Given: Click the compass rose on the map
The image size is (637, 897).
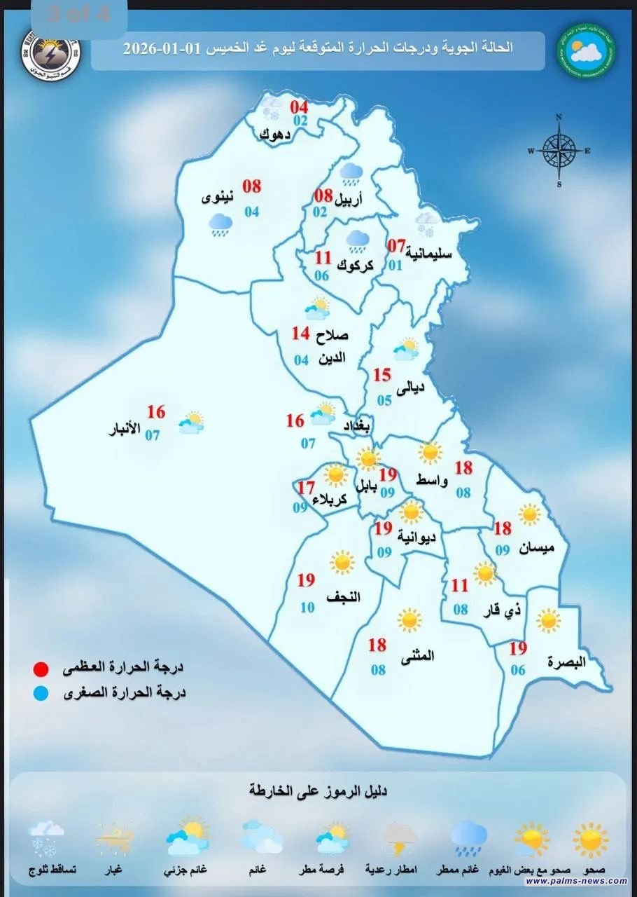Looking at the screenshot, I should [x=559, y=150].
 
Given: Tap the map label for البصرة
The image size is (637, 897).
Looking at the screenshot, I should [x=566, y=661].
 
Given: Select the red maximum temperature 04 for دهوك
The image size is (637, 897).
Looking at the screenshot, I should [x=300, y=107].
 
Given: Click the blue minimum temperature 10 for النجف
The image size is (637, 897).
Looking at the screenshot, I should [x=308, y=608].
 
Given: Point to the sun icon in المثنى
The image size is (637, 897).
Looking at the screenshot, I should [x=409, y=620].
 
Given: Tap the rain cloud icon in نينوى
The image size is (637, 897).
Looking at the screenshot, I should [x=220, y=224].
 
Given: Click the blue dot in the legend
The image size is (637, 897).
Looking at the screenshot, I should [x=43, y=694].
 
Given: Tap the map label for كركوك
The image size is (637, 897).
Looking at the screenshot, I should [x=355, y=266].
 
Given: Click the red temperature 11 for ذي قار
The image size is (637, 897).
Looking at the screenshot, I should [x=459, y=585].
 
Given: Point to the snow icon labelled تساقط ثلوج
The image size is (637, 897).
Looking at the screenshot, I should [x=48, y=840].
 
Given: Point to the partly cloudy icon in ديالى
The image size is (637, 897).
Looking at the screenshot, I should [x=405, y=348].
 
